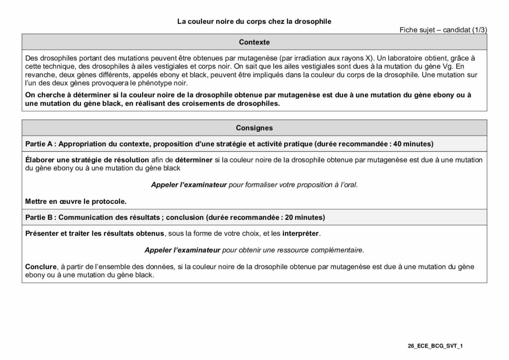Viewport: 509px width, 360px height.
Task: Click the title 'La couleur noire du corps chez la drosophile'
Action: point(254,21)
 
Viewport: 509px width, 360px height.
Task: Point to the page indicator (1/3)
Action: point(479,30)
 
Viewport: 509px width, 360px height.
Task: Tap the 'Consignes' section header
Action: point(254,128)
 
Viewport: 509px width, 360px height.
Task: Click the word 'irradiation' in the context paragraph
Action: point(314,58)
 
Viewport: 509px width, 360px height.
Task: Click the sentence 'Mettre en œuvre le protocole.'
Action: point(76,201)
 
